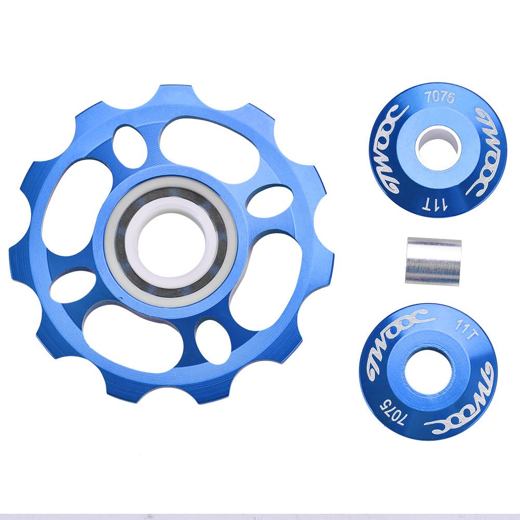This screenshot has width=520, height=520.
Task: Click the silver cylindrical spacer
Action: pos(433,261)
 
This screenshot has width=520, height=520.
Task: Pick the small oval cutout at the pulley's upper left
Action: pos(128,140)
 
